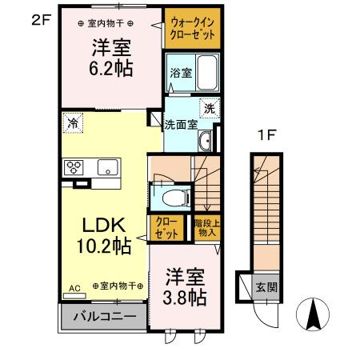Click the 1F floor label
tap(266, 134)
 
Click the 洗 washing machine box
tap(209, 109)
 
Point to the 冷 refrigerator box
tap(73, 123)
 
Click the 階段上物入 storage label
tap(206, 228)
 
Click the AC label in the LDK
tap(74, 286)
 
